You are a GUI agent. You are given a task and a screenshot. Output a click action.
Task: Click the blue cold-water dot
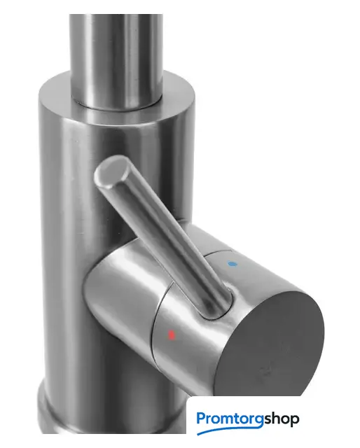(233, 264)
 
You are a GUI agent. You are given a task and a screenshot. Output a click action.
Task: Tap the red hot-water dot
(172, 334)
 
